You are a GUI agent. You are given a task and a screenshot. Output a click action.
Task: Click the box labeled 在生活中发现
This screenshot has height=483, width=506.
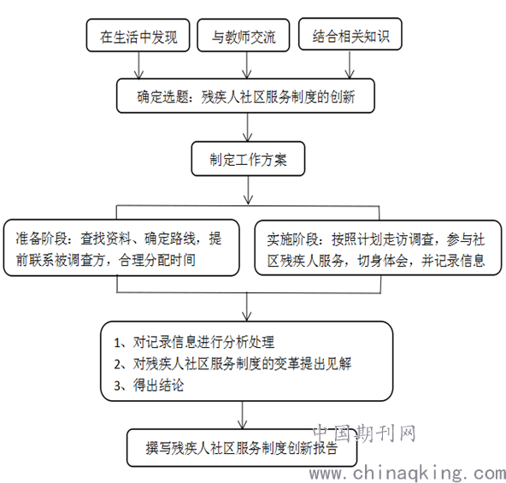point(138,35)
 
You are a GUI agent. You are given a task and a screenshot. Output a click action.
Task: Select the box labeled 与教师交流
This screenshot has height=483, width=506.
point(244,35)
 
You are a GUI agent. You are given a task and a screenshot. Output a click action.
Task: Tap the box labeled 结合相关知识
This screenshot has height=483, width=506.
point(350,34)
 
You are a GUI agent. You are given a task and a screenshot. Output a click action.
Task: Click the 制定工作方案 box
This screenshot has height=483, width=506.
point(248,159)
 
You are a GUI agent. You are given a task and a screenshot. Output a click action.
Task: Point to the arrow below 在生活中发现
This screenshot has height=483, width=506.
point(138,65)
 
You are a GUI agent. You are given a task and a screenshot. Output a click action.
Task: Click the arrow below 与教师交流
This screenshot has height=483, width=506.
point(247,65)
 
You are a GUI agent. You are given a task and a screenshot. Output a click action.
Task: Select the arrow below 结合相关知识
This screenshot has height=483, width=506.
point(350,65)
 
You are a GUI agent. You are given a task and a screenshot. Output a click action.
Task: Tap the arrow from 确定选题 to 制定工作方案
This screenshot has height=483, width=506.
point(248,127)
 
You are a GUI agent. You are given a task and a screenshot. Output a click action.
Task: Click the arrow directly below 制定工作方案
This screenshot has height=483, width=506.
point(248,191)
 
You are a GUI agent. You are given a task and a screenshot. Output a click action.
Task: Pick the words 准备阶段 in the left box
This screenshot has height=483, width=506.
point(42,239)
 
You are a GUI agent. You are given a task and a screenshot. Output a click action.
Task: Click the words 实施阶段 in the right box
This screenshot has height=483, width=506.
point(293,239)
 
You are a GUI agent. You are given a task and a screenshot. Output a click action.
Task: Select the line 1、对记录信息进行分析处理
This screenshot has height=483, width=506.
point(194,342)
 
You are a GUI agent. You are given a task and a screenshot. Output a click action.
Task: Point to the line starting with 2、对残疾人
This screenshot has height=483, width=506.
point(232,364)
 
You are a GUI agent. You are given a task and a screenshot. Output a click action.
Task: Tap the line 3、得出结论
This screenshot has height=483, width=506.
point(149,386)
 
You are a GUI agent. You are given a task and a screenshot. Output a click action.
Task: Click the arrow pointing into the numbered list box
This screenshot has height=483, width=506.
point(247,306)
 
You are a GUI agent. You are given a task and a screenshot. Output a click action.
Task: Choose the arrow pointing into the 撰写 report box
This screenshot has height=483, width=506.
point(243,415)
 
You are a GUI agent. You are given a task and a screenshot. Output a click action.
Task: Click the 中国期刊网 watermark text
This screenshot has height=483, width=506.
point(364,433)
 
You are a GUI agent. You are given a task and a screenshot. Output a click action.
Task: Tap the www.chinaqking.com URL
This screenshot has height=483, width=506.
point(407,474)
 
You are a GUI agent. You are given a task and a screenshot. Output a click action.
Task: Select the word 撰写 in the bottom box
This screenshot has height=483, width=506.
point(158,448)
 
